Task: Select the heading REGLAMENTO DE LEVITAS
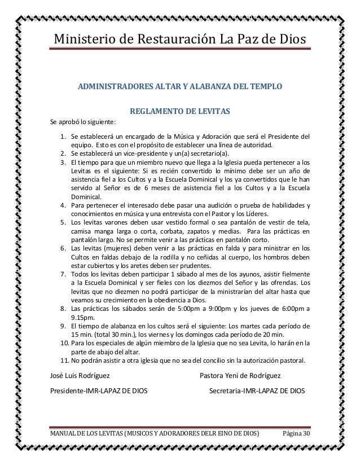[x=180, y=112]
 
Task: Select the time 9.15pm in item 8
[x=82, y=317]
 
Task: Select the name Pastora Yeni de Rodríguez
[x=248, y=375]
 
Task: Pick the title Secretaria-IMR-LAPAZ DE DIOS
[x=256, y=390]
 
